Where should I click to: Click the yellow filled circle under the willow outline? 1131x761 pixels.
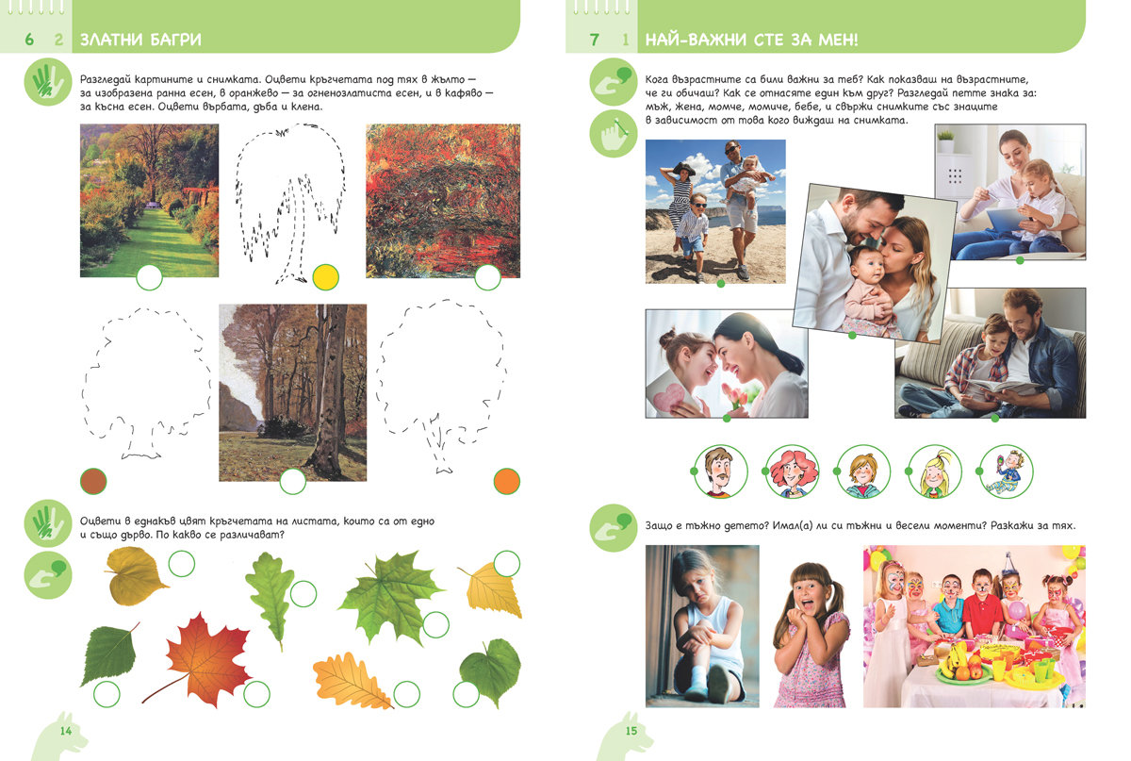[x=326, y=277]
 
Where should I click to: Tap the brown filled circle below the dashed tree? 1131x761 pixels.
[x=93, y=481]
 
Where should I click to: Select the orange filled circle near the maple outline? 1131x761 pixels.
[x=506, y=481]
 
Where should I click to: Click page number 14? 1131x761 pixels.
[x=66, y=731]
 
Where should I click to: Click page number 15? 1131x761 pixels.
[x=631, y=731]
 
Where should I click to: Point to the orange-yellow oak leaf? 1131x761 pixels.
[x=351, y=680]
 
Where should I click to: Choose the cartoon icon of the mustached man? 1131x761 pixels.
[x=720, y=471]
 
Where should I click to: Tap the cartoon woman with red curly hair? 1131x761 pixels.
[x=792, y=471]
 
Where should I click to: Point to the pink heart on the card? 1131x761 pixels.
[x=667, y=397]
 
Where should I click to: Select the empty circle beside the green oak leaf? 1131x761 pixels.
[x=303, y=594]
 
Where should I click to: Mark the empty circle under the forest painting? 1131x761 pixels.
[x=293, y=481]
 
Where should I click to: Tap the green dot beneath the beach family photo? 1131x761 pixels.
[x=721, y=284]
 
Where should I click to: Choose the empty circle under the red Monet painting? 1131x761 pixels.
[x=488, y=277]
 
